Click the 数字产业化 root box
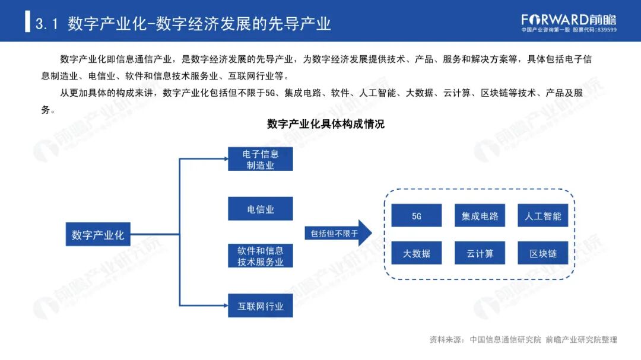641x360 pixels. (x=97, y=235)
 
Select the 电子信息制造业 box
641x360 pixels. (x=260, y=160)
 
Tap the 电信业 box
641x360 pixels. (x=260, y=209)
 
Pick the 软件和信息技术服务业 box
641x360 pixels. (x=260, y=256)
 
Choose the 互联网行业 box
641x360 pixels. (x=260, y=306)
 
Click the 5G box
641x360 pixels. (x=416, y=216)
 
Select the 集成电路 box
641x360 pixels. (x=480, y=216)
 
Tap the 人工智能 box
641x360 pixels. (x=542, y=216)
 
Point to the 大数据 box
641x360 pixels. (x=416, y=253)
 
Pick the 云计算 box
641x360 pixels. (x=480, y=253)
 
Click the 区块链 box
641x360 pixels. (x=542, y=253)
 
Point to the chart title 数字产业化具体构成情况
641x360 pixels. (x=325, y=124)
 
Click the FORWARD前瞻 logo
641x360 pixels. (x=569, y=19)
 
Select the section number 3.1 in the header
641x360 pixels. (x=46, y=24)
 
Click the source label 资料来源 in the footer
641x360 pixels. (x=445, y=340)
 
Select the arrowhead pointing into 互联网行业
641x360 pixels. (x=224, y=306)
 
